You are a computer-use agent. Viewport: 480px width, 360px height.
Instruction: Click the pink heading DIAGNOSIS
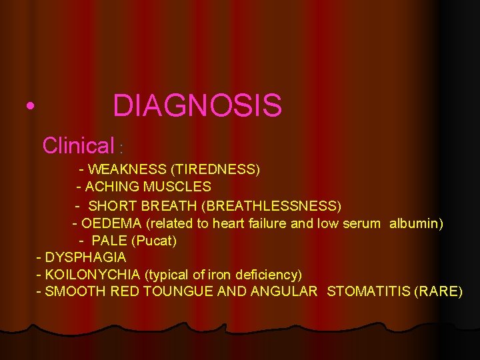[x=197, y=105]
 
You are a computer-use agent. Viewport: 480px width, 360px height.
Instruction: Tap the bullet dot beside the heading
[x=28, y=107]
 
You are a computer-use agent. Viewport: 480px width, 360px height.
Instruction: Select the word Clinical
[x=79, y=145]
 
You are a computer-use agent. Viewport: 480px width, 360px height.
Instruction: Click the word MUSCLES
[x=179, y=187]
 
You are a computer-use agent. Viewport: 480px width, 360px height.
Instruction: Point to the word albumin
[x=416, y=222]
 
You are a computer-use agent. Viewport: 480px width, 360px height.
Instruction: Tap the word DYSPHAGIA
[x=86, y=257]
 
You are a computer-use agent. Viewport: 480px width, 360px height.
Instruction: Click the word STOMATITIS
[x=369, y=291]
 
